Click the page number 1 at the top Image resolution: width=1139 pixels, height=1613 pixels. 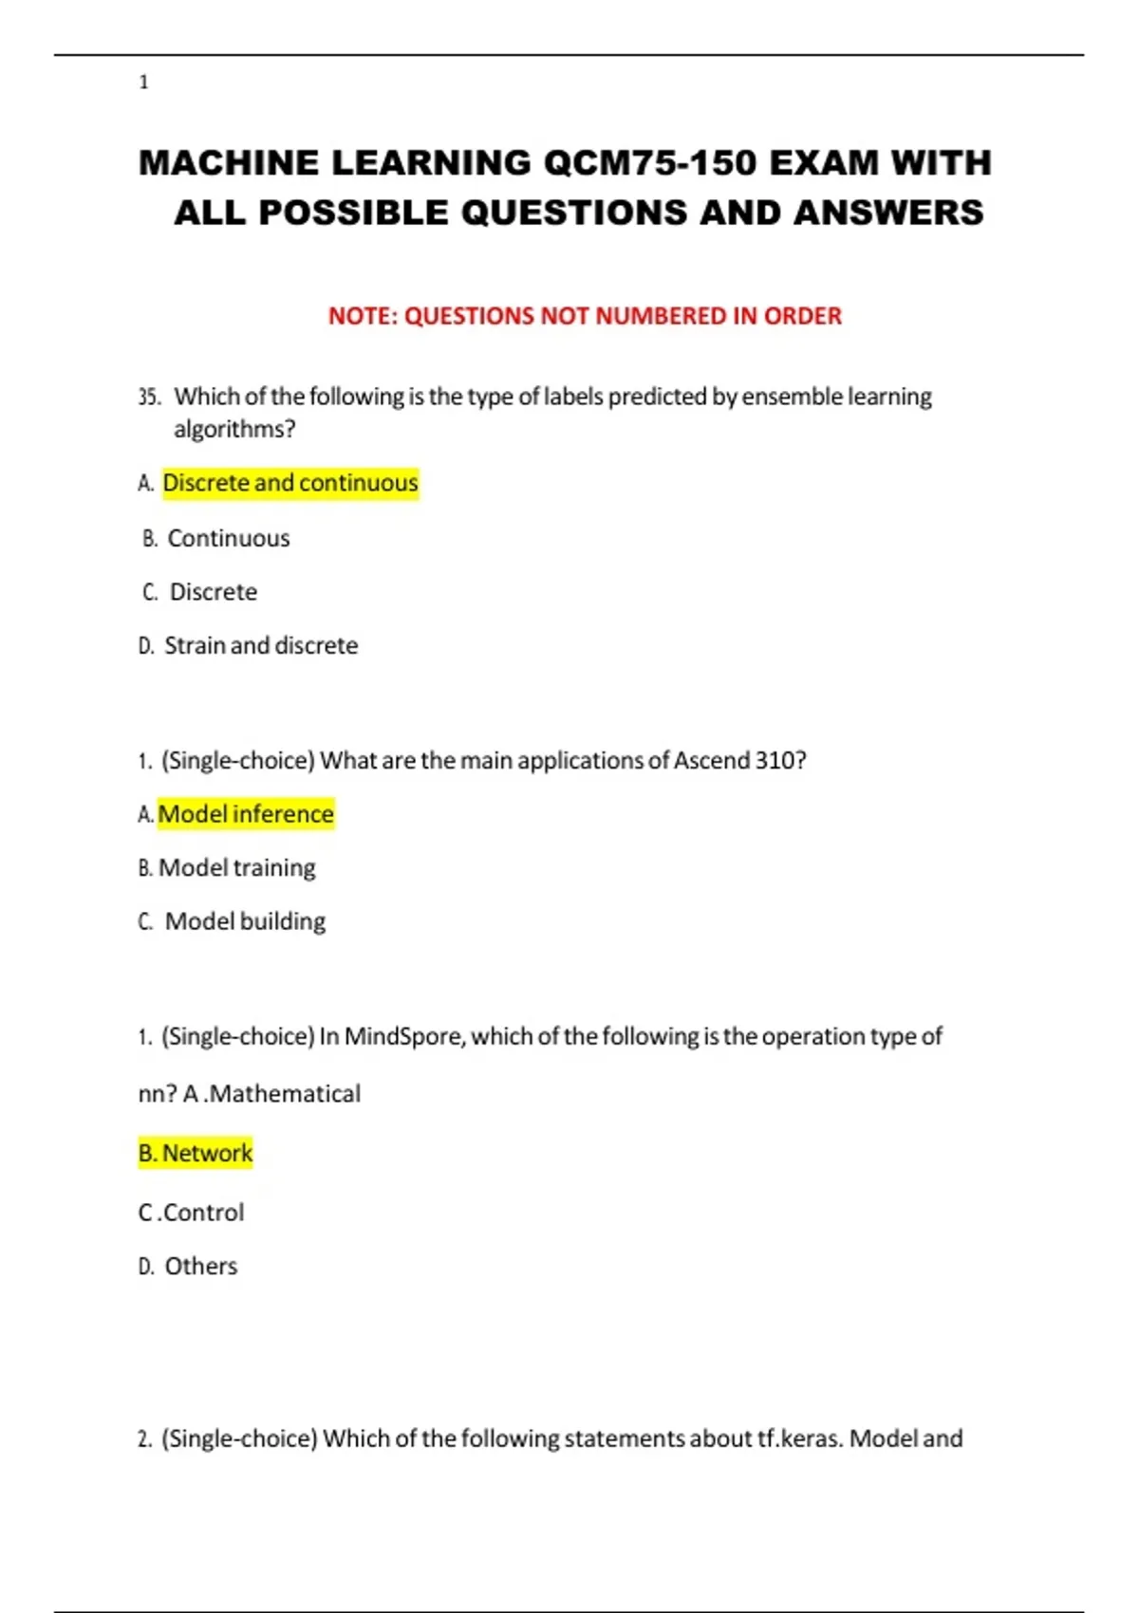[143, 83]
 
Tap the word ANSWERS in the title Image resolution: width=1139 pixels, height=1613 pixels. [888, 213]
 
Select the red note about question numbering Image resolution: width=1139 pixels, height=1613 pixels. [585, 316]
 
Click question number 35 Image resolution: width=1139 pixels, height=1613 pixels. [149, 397]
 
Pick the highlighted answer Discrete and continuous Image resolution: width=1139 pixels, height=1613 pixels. [289, 483]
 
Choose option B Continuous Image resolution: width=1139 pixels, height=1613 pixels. [228, 538]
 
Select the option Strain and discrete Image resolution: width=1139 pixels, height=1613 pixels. [261, 645]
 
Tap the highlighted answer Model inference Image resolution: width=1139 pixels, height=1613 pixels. [245, 814]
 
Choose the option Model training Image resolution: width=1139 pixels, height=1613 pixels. [236, 867]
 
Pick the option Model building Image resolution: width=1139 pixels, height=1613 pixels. [245, 921]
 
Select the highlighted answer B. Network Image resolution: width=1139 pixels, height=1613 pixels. [196, 1153]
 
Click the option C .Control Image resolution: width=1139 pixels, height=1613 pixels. [191, 1213]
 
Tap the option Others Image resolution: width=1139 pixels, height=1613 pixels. [200, 1266]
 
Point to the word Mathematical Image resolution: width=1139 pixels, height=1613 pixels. [284, 1094]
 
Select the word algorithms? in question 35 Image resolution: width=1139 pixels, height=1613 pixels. [234, 429]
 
